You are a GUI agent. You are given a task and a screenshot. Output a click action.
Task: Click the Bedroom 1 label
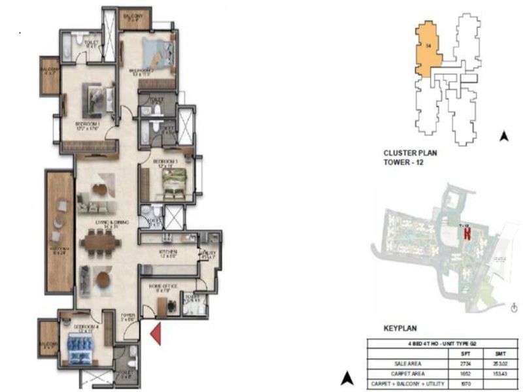coord(86,125)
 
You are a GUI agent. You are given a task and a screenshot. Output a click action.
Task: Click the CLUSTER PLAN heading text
coord(409,154)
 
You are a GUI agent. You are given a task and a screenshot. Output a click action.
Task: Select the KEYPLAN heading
coord(401,329)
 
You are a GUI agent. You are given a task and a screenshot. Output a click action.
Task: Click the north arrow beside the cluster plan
coord(503,137)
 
